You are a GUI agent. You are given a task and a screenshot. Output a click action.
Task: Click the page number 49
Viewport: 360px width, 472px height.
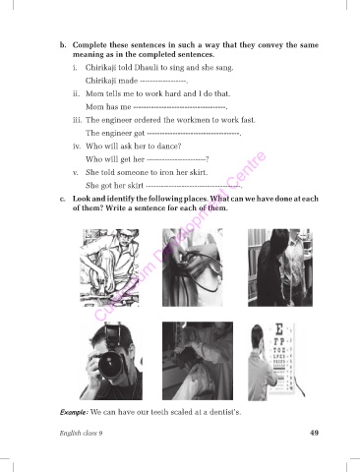tap(314, 433)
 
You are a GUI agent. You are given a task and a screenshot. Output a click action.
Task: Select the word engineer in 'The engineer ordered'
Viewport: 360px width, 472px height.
tap(117, 120)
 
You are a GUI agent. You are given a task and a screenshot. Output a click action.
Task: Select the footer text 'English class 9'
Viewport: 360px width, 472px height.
tap(81, 433)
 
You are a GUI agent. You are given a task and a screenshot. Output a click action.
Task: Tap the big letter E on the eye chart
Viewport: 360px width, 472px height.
tap(279, 328)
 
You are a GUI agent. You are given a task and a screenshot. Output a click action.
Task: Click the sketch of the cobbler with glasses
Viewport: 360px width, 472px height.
tap(109, 267)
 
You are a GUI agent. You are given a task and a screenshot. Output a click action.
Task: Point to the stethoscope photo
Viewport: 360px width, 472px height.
tap(193, 267)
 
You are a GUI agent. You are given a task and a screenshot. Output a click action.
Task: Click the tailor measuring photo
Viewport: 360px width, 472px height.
tap(280, 267)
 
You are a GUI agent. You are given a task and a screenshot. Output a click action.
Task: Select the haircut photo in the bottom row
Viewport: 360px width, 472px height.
tap(198, 361)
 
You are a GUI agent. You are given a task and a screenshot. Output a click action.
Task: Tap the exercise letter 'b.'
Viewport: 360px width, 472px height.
tap(63, 45)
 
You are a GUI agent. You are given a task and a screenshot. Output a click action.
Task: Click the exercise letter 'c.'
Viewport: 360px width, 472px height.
tap(63, 199)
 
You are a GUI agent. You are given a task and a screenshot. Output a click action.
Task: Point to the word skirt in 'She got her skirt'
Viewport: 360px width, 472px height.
tap(135, 186)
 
